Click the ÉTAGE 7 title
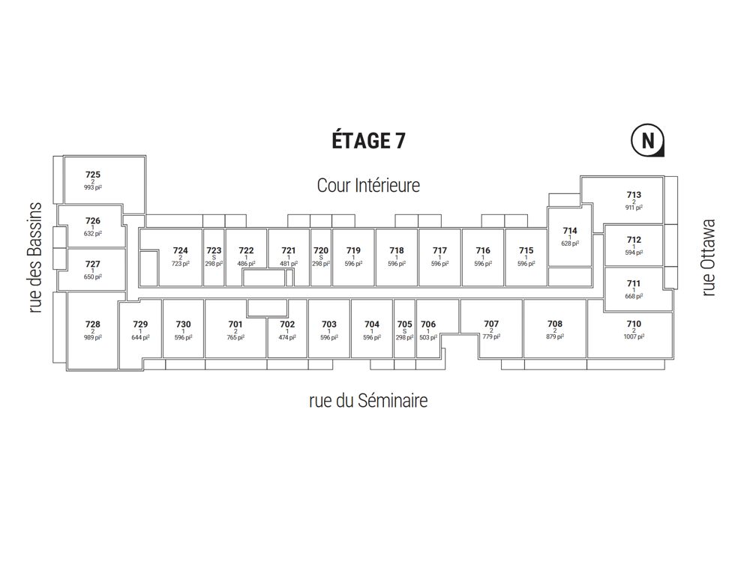[368, 140]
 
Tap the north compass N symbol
[648, 140]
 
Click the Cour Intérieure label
[368, 185]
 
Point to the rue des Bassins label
[36, 258]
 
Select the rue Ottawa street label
[709, 258]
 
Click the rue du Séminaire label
[368, 400]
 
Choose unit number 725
[93, 175]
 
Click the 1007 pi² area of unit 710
[634, 336]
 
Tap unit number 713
[634, 194]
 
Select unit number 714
[570, 230]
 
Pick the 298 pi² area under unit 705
[405, 337]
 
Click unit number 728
[93, 324]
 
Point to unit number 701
[235, 324]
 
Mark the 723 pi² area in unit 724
[180, 263]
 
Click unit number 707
[491, 324]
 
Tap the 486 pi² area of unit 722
[246, 263]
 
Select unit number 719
[353, 250]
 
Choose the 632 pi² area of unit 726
[93, 234]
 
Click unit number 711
[634, 283]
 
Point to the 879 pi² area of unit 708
[555, 336]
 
